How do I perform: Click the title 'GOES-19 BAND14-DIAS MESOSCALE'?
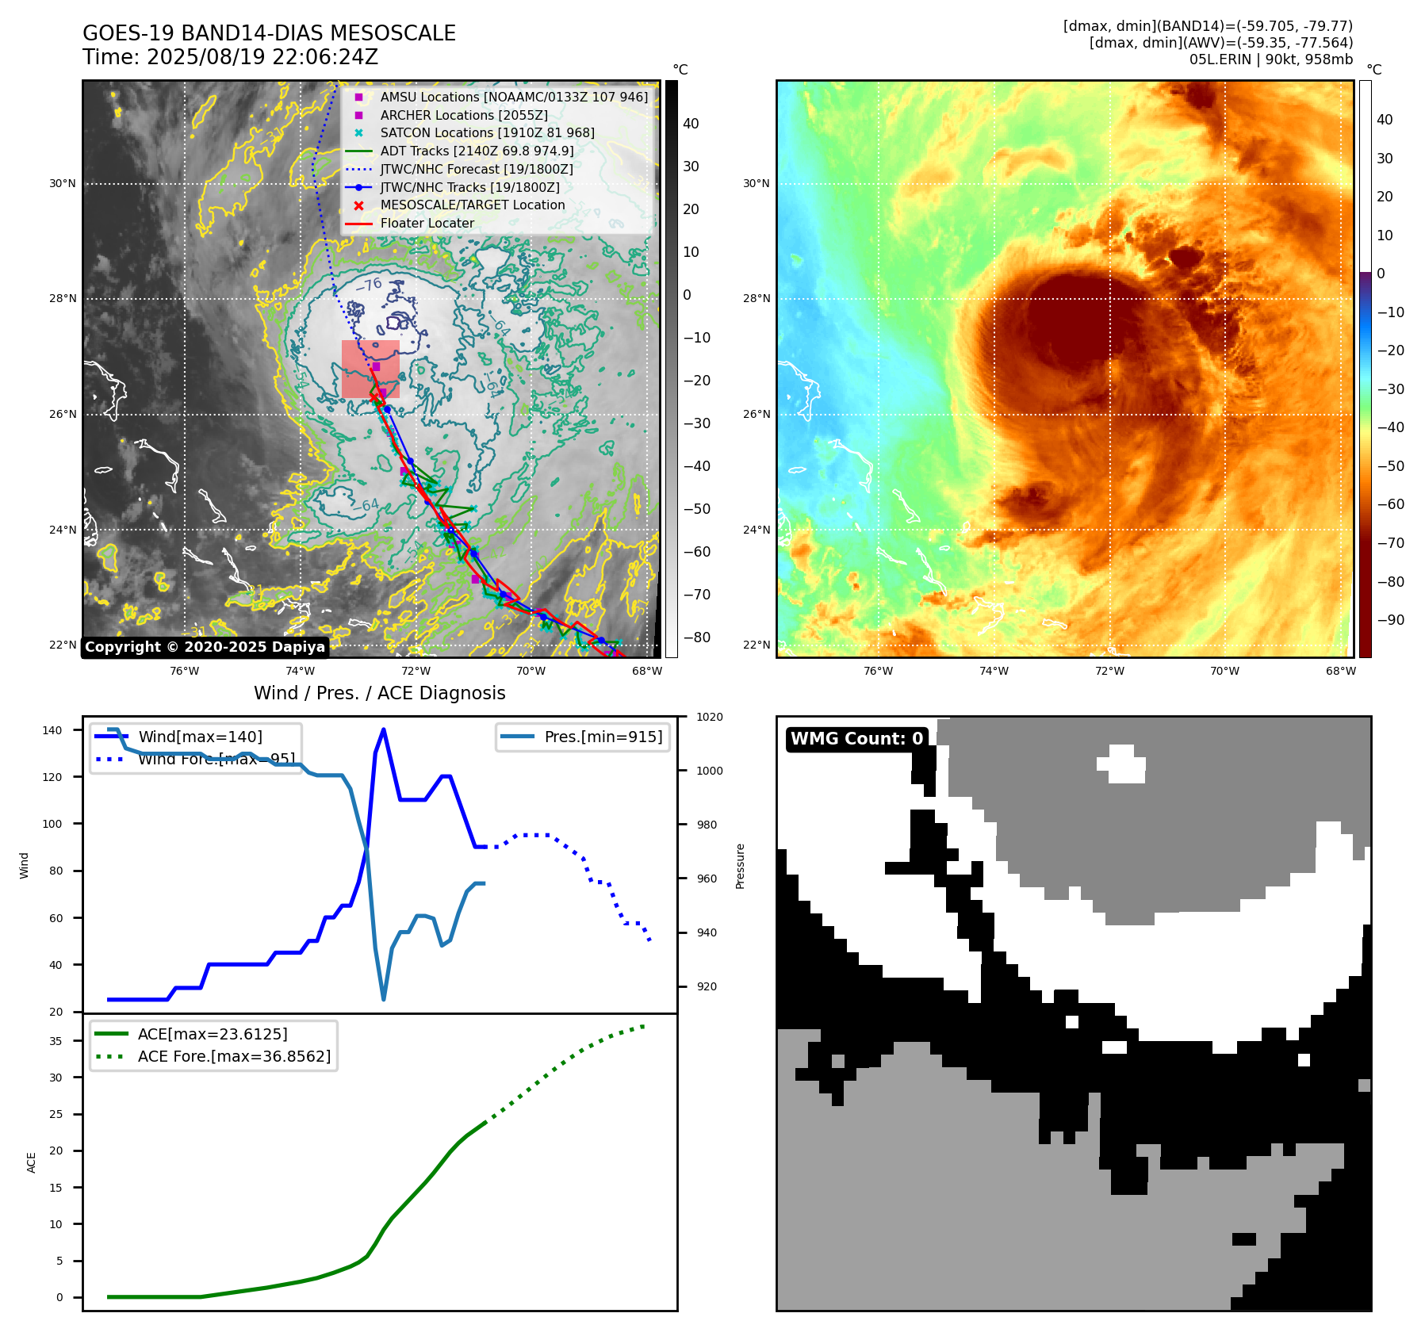click(x=269, y=33)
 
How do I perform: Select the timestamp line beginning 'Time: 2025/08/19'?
click(x=230, y=57)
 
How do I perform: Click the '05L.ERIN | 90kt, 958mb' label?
click(x=1270, y=59)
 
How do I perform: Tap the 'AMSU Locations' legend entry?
click(x=513, y=97)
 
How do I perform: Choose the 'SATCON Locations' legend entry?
click(x=487, y=132)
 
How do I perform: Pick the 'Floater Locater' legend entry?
click(x=427, y=223)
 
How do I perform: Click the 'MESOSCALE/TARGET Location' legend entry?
click(x=472, y=205)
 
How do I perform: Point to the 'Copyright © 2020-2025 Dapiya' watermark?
click(x=205, y=647)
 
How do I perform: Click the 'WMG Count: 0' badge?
click(x=856, y=738)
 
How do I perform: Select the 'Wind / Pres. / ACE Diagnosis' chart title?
click(x=379, y=693)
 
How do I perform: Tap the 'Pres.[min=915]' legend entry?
click(x=603, y=737)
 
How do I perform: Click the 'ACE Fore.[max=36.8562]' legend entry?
click(x=234, y=1056)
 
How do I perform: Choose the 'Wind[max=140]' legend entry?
click(x=200, y=737)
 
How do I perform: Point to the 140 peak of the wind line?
click(x=384, y=729)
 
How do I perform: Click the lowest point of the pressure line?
click(x=384, y=999)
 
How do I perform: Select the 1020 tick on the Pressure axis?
click(x=709, y=717)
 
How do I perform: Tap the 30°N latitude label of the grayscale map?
click(x=63, y=184)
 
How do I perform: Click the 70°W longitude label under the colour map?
click(x=1224, y=671)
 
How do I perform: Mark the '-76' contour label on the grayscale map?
click(x=370, y=285)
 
